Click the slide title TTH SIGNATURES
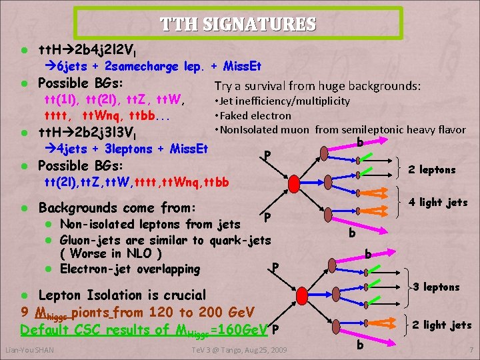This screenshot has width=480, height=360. pos(238,25)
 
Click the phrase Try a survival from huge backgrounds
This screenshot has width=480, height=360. pos(317,86)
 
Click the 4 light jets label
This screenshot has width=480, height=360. pos(438,202)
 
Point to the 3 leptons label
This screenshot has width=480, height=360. pos(437,287)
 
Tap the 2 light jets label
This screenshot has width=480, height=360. pos(441,325)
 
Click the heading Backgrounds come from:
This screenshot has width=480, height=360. pos(117,207)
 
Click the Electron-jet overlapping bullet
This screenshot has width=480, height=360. pos(129,269)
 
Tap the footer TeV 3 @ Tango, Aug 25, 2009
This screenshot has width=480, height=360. pos(239,350)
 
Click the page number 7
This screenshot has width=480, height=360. pos(471,350)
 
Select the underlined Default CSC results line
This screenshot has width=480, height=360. pos(144,330)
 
